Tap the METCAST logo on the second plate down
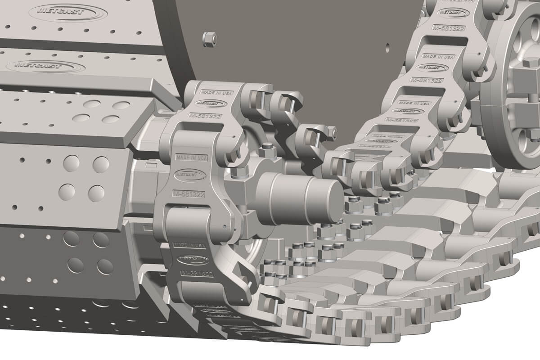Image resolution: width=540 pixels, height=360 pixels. (45, 66)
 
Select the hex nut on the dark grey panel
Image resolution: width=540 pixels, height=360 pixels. (208, 39)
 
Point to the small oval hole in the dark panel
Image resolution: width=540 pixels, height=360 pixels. (387, 45)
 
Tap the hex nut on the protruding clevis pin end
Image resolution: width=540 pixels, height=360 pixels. (333, 131)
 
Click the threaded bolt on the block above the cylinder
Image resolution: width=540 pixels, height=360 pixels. (267, 147)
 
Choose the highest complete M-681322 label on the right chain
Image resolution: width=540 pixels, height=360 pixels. (448, 27)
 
